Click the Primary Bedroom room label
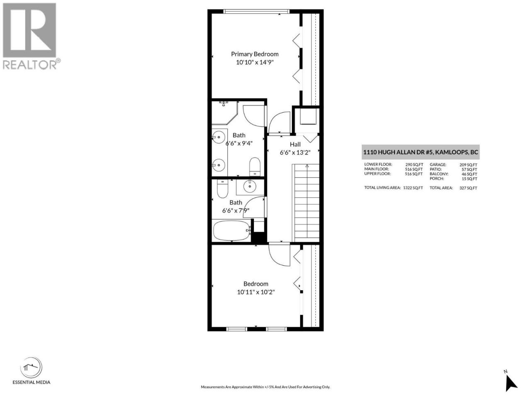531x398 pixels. coord(254,54)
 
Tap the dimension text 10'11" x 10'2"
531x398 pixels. coord(256,292)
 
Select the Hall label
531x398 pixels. coord(295,145)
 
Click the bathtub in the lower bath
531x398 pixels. coord(232,231)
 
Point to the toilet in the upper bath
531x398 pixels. coord(254,167)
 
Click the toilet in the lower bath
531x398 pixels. coord(222,189)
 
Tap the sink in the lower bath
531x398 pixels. coord(250,187)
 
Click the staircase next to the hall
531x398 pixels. coord(306,203)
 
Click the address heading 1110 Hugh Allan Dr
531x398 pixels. coord(421,152)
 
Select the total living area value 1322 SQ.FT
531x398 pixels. coord(413,188)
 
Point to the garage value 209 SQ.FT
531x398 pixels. coord(468,165)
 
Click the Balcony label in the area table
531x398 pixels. coord(439,174)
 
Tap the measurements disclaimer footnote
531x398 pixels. coord(265,387)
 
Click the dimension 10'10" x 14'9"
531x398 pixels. coord(254,62)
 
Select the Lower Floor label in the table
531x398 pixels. coord(378,164)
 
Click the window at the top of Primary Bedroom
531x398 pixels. coord(256,11)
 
